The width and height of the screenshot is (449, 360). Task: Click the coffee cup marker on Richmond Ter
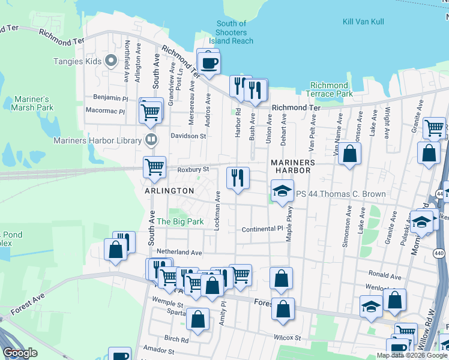pos(208,63)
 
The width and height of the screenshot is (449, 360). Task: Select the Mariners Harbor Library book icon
pos(152,140)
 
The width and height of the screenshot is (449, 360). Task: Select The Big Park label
pos(180,221)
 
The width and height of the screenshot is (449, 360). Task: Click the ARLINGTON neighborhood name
pos(169,191)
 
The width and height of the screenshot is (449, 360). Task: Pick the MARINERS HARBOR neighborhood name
pos(292,166)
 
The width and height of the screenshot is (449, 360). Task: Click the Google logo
pos(20,353)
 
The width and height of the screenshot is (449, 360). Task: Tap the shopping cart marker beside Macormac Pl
pos(150,111)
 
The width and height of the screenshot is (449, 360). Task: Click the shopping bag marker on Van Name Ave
pos(349,154)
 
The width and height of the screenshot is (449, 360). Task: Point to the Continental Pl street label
pos(262,229)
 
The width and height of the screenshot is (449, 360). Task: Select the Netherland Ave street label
pos(179,253)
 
